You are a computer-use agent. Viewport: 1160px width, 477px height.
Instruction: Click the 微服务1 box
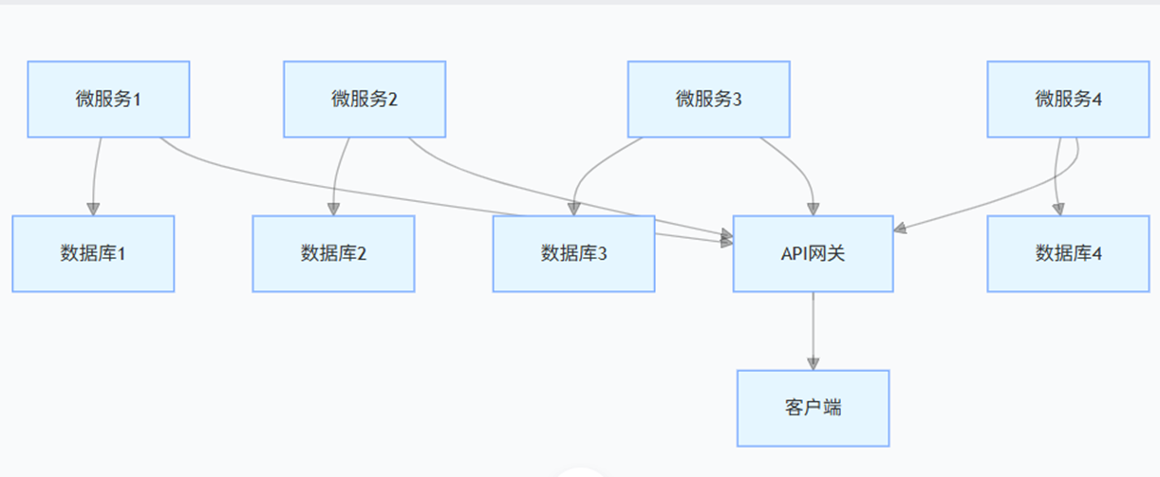(x=108, y=100)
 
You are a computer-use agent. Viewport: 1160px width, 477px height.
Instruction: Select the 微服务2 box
(x=365, y=100)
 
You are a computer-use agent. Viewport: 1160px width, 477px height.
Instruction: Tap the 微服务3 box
(x=708, y=100)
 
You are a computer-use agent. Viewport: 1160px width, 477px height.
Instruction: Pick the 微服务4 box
(x=1068, y=100)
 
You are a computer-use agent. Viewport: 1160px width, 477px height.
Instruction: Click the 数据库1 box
(x=93, y=253)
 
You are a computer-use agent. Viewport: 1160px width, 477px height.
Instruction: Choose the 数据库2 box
(x=333, y=253)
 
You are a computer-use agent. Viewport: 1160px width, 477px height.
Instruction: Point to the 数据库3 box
(x=573, y=253)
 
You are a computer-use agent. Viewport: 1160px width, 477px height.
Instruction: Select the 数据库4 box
(x=1068, y=253)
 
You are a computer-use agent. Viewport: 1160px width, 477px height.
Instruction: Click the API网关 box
(x=813, y=253)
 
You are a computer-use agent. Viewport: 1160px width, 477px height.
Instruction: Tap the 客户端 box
(x=813, y=408)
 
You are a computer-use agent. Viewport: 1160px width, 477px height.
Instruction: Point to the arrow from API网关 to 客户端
(x=813, y=327)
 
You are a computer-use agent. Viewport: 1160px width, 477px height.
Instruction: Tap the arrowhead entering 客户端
(x=813, y=362)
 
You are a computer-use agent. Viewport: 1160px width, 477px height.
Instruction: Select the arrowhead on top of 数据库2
(x=333, y=209)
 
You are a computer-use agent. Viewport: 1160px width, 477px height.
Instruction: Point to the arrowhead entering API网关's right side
(x=901, y=228)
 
